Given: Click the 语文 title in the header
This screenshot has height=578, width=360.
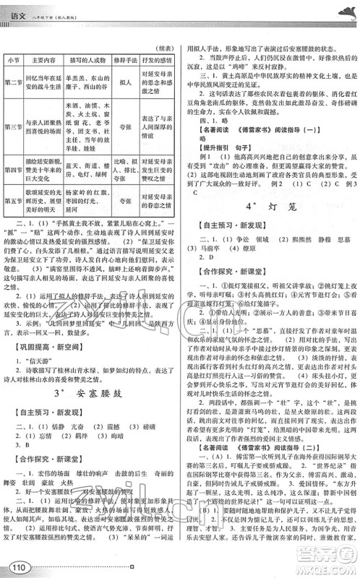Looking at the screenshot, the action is tap(17, 9).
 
